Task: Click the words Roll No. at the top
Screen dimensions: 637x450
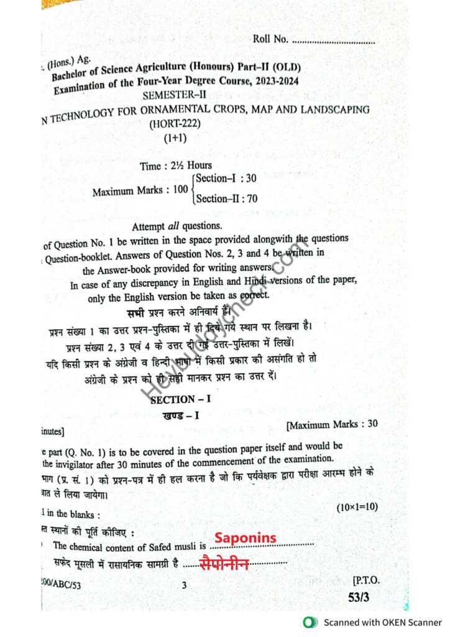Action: [x=270, y=39]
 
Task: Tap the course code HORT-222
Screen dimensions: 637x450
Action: [x=175, y=124]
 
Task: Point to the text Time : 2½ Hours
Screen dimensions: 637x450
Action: [x=176, y=165]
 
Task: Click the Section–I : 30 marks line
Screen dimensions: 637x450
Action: [x=226, y=179]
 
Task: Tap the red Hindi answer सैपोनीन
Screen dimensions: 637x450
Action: [x=224, y=564]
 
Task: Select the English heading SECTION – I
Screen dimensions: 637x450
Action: [x=181, y=400]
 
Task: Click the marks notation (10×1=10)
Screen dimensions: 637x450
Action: [x=357, y=507]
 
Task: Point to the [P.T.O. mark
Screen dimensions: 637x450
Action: [x=365, y=581]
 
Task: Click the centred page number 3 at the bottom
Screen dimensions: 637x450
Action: [x=184, y=585]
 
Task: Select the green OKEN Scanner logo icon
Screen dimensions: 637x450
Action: [x=308, y=622]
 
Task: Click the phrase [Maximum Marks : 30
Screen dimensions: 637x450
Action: [x=331, y=425]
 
